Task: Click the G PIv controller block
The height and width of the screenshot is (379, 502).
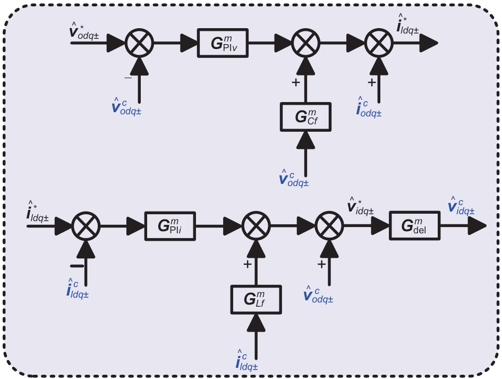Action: (224, 43)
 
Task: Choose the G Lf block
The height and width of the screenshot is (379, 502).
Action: (256, 299)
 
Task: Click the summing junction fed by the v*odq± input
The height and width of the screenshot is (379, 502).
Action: (140, 43)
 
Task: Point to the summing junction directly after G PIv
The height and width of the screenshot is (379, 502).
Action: (305, 43)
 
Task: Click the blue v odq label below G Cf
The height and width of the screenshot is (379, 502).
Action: (294, 177)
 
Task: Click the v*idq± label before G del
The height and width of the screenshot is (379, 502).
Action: (360, 205)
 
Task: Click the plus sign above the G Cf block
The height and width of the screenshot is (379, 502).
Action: (295, 82)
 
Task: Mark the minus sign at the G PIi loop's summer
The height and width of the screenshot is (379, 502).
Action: (76, 264)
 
